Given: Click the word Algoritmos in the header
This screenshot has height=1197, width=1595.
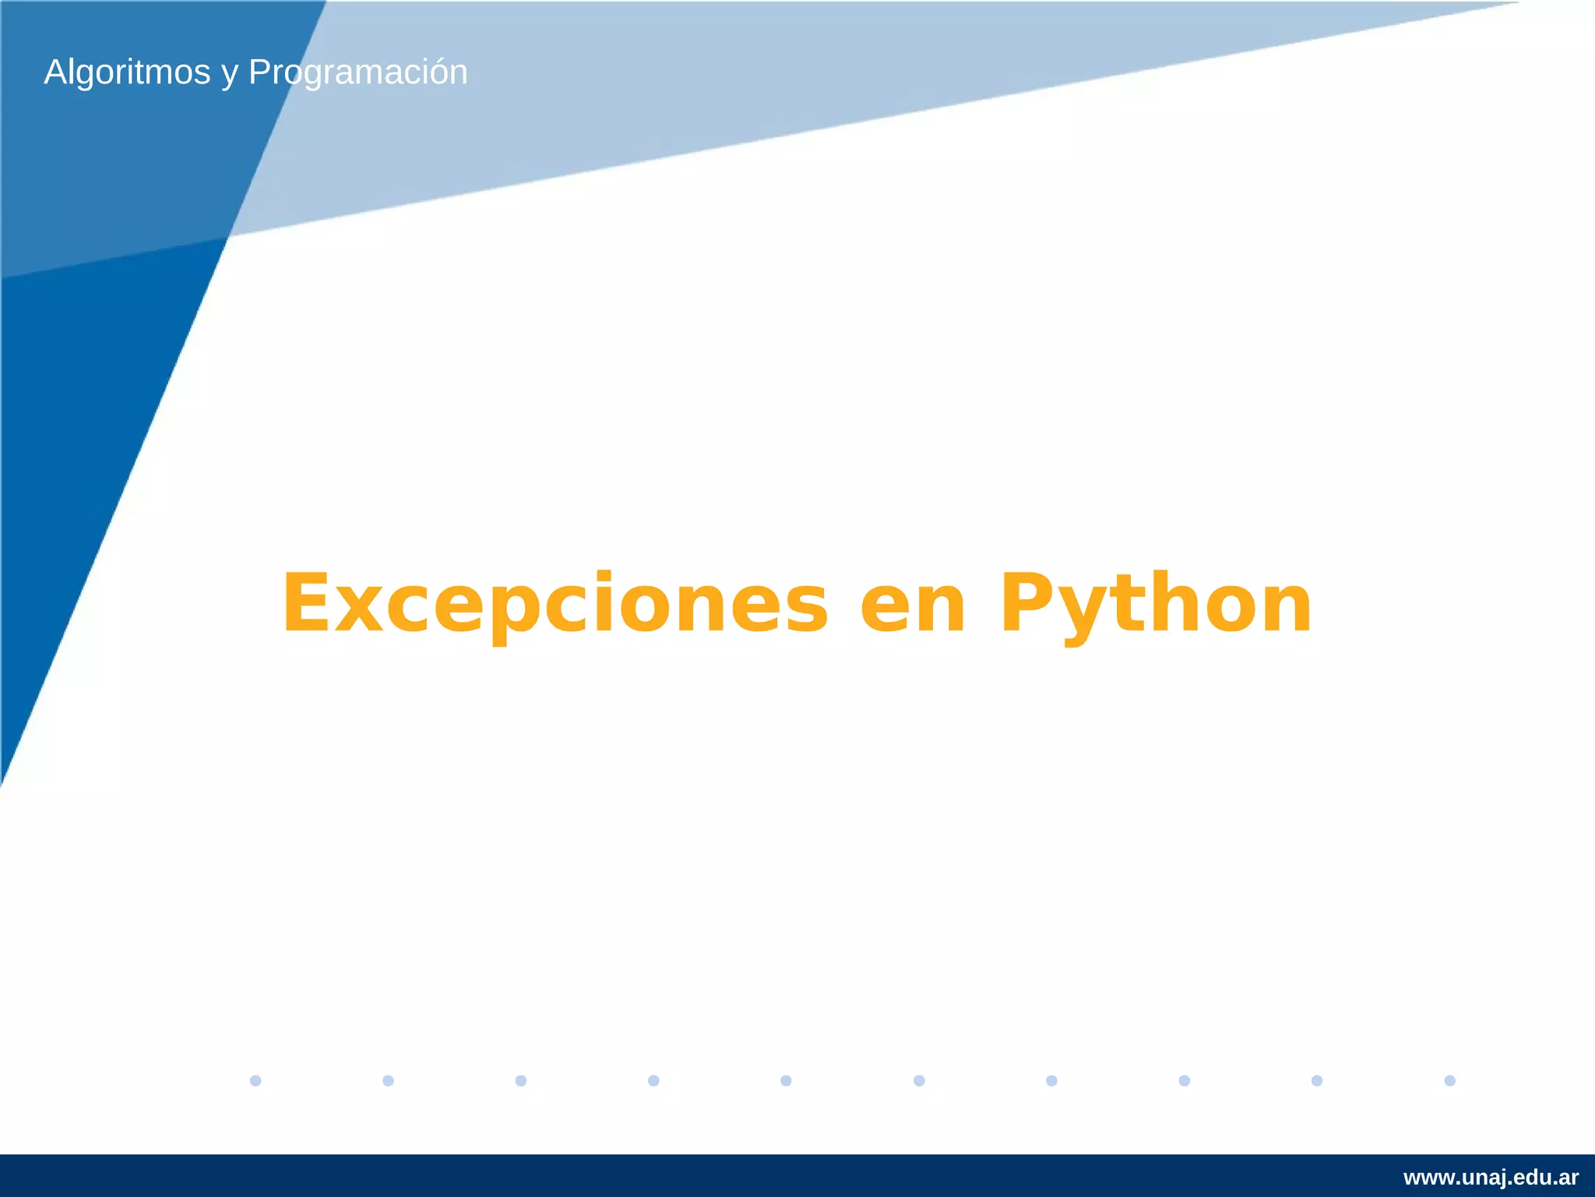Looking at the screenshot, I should tap(127, 72).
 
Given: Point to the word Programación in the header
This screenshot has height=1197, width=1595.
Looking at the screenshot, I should tap(357, 72).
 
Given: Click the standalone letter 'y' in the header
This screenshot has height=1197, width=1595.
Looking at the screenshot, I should tap(229, 75).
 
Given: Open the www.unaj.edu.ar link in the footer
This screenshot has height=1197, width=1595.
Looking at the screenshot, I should tap(1491, 1178).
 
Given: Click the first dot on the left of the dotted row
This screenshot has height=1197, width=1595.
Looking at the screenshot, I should tap(255, 1080).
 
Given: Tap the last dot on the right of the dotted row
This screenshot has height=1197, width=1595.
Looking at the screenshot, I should tap(1449, 1080).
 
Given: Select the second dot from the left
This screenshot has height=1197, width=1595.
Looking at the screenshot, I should tap(388, 1080).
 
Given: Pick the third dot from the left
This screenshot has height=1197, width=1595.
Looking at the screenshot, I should tap(521, 1080).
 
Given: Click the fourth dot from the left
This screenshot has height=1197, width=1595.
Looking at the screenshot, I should tap(653, 1080).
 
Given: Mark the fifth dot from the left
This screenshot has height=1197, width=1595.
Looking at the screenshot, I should tap(786, 1080).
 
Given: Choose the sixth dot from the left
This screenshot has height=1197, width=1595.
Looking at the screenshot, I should tap(919, 1080).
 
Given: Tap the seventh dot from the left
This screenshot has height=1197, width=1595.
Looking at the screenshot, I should tap(1051, 1080).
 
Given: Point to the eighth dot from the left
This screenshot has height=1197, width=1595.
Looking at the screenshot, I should tap(1184, 1080).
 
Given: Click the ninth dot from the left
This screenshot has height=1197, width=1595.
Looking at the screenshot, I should tap(1317, 1080).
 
